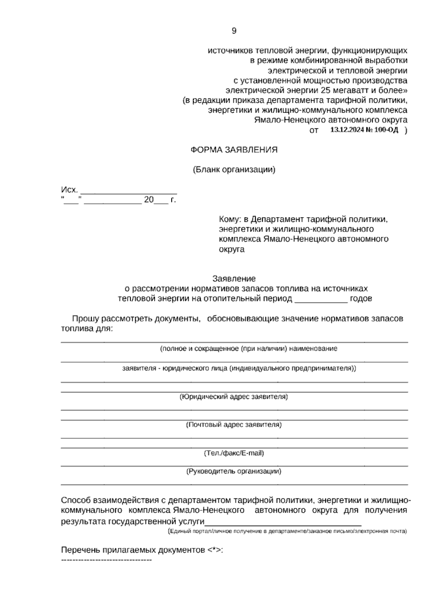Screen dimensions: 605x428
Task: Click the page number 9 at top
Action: tap(234, 31)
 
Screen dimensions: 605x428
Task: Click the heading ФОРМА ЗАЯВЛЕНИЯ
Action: tap(234, 150)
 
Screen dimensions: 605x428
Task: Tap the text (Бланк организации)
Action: tap(234, 170)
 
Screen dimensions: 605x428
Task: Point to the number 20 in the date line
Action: tap(148, 200)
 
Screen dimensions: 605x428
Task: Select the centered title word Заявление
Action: tap(234, 278)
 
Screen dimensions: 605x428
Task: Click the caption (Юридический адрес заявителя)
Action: tap(234, 397)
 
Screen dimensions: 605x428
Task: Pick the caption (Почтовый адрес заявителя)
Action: tap(234, 425)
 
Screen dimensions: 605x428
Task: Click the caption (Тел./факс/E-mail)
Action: tap(234, 453)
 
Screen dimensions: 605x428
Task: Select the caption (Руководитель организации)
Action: tap(234, 471)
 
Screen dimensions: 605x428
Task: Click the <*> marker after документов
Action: tap(214, 550)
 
